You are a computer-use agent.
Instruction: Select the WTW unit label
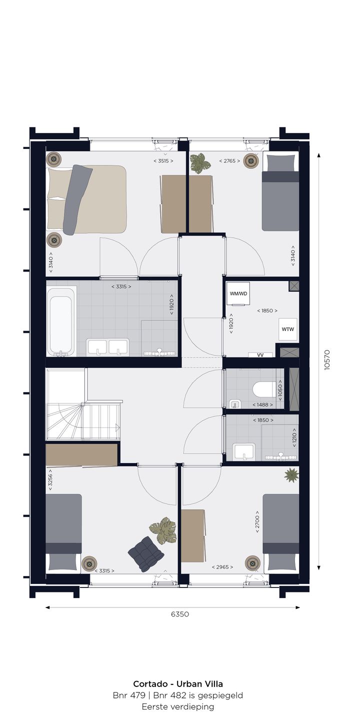(x=287, y=329)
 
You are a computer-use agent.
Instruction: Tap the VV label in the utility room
(x=260, y=355)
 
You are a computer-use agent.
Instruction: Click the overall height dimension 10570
(x=327, y=359)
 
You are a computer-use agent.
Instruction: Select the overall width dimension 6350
(x=179, y=614)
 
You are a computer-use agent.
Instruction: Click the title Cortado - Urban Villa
(x=178, y=683)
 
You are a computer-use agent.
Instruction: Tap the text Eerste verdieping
(x=178, y=706)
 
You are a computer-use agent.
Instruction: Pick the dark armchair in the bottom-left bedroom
(x=146, y=554)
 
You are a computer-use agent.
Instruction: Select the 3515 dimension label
(x=163, y=161)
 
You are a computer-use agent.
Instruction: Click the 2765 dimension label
(x=229, y=161)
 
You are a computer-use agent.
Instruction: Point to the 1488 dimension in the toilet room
(x=262, y=404)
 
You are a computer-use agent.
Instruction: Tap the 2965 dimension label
(x=222, y=567)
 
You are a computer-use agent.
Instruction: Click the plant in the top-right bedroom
(x=200, y=163)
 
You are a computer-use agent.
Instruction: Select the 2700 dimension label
(x=257, y=522)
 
